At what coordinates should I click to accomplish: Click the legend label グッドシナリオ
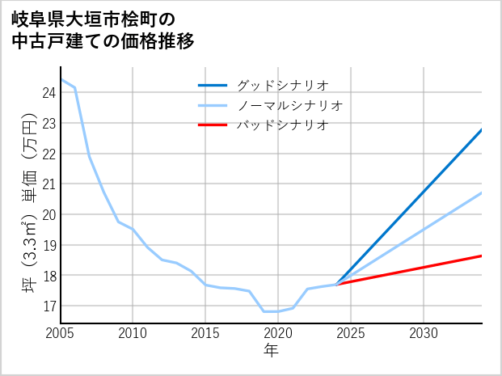(282, 85)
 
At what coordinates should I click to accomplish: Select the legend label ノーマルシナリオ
(290, 105)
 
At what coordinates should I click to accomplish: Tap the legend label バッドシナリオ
(282, 125)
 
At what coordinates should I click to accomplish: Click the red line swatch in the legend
(213, 125)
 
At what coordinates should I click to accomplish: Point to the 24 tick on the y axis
(48, 93)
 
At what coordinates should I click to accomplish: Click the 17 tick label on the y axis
(48, 306)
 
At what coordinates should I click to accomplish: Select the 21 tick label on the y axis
(48, 184)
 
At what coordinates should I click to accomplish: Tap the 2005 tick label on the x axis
(61, 333)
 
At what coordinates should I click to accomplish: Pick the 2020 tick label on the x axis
(278, 333)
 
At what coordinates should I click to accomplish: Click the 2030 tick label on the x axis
(424, 333)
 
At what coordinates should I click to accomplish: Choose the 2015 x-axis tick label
(205, 333)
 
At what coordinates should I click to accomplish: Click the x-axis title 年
(271, 350)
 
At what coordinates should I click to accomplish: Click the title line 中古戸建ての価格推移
(103, 41)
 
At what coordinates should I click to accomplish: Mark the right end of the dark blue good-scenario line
(482, 129)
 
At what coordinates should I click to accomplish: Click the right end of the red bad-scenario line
(482, 256)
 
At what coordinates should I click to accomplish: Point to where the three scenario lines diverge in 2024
(336, 284)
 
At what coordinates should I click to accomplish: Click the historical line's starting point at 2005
(61, 79)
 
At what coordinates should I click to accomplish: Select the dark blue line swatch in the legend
(213, 85)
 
